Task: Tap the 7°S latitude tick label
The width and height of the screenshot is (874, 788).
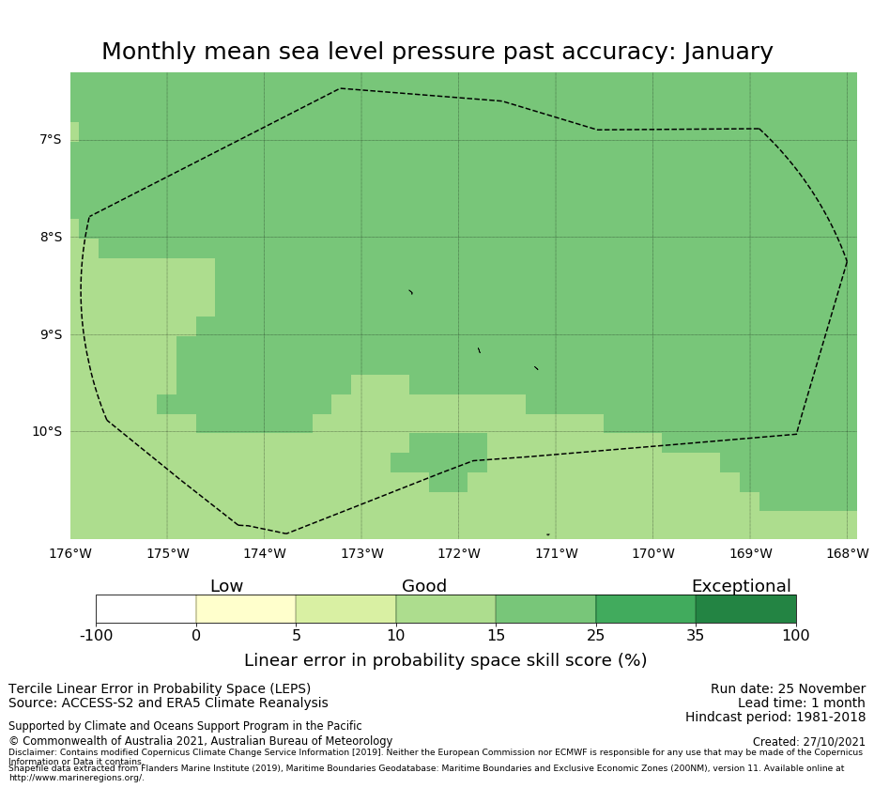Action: click(x=50, y=140)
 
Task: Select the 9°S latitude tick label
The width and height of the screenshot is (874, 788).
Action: click(x=50, y=334)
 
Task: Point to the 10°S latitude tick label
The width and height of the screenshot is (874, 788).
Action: click(x=46, y=432)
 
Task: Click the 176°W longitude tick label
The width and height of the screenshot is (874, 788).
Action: click(x=70, y=554)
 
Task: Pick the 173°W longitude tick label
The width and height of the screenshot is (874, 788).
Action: click(x=361, y=554)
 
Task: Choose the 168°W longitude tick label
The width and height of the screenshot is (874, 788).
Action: click(x=847, y=554)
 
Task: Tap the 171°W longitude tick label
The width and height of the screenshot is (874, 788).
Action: click(x=556, y=554)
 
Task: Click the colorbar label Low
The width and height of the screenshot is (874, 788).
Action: click(x=226, y=587)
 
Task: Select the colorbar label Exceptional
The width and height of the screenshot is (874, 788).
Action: click(x=741, y=587)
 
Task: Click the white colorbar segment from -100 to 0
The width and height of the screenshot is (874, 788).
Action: click(x=146, y=610)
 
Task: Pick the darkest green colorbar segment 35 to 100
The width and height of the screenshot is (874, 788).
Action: click(x=745, y=610)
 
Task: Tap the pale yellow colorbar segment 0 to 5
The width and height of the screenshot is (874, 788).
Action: click(x=246, y=610)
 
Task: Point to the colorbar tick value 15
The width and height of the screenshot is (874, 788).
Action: click(x=496, y=636)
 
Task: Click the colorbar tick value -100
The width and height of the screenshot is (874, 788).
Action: click(x=96, y=636)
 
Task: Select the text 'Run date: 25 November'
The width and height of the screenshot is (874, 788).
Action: click(x=788, y=689)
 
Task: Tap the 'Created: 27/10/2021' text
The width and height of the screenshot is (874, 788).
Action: click(x=808, y=742)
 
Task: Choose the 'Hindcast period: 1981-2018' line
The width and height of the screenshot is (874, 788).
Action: click(x=774, y=718)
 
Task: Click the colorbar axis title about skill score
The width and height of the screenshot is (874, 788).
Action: click(x=445, y=661)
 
